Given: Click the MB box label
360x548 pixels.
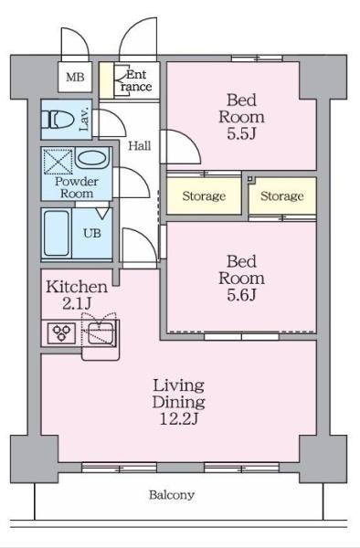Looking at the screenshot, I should click(x=76, y=78).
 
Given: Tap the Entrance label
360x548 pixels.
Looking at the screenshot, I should click(x=136, y=79).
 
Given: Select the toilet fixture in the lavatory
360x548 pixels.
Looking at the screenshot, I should click(x=58, y=121).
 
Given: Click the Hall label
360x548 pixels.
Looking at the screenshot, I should click(x=140, y=145).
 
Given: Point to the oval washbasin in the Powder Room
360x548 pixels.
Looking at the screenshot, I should click(x=90, y=159).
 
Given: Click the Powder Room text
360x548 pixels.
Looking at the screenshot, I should click(x=76, y=186).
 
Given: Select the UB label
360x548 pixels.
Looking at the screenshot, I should click(x=92, y=232).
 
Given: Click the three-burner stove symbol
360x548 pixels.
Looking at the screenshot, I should click(x=61, y=331).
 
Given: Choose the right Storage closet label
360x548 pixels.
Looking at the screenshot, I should click(x=281, y=196).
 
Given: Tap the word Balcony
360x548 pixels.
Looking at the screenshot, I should click(x=172, y=495).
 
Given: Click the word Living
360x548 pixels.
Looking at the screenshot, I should click(x=178, y=385).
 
